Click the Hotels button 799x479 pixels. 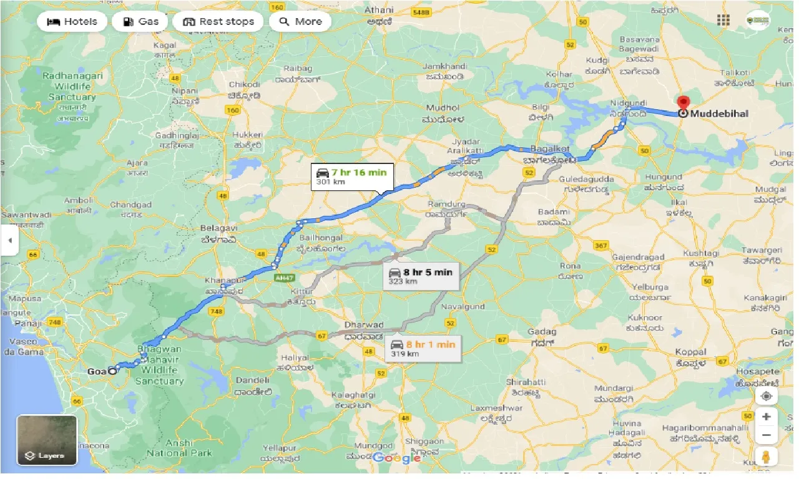click(x=72, y=21)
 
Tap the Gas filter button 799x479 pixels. click(x=141, y=21)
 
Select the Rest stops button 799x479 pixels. click(x=218, y=21)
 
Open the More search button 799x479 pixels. click(x=300, y=21)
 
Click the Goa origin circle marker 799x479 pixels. click(x=112, y=370)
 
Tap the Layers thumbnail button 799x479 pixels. click(x=47, y=440)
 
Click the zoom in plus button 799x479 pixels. click(x=767, y=417)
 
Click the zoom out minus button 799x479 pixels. click(x=767, y=435)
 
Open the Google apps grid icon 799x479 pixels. click(x=723, y=21)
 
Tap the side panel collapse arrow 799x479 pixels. click(x=9, y=241)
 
